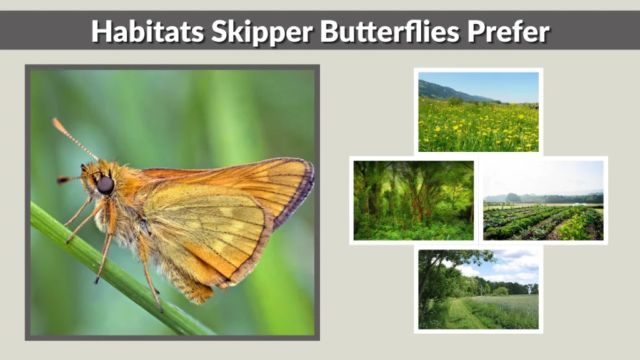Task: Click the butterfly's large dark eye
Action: pos(105,184)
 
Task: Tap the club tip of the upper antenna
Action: pos(57,123)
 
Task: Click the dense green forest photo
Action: pos(413,200)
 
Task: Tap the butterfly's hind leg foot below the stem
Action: pos(160,308)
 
